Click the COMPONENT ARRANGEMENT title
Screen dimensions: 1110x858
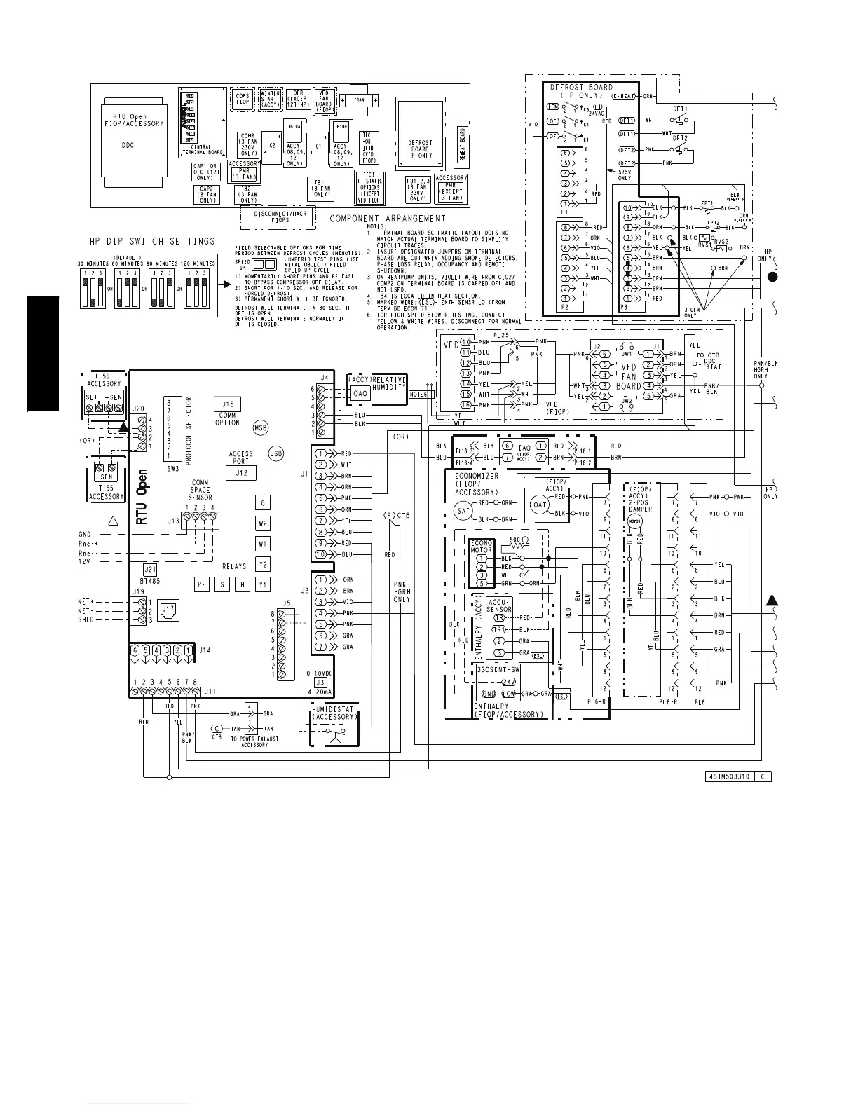coord(388,219)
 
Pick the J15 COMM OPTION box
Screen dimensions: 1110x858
coord(227,404)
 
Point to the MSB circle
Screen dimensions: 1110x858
coord(261,427)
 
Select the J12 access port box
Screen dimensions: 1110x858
coord(241,473)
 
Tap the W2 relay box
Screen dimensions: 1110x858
coord(263,523)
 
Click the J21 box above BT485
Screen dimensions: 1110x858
coord(150,569)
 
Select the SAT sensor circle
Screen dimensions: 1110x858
coord(463,511)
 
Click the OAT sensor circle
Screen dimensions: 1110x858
coord(539,505)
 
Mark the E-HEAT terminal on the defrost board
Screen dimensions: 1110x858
coord(623,95)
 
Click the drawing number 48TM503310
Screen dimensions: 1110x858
coord(726,776)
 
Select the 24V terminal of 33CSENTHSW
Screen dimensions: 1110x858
coord(508,682)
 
